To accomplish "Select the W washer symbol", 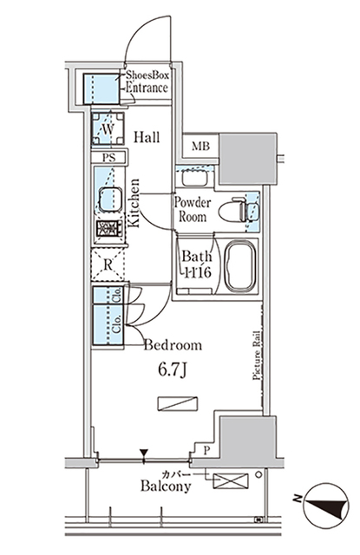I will coord(108,129).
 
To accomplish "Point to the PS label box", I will coord(108,157).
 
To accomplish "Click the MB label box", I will coord(200,145).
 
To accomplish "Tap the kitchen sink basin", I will coord(109,199).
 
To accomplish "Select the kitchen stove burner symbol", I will coord(109,232).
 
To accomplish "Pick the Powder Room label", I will coord(192,209).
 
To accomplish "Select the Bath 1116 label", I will coord(196,264).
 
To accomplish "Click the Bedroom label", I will coord(173,345).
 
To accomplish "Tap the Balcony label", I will coord(166,487).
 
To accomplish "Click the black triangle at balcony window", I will coord(145,453).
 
